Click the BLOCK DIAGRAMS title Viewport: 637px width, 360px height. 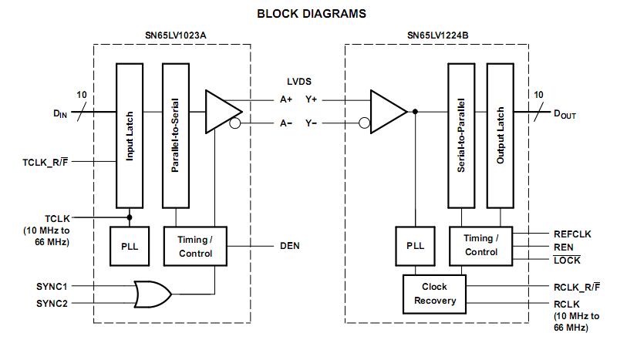[x=311, y=14]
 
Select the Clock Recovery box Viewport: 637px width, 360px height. [x=435, y=293]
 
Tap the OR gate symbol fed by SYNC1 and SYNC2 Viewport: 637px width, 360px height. [x=152, y=294]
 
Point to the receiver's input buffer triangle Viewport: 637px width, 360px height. [x=386, y=111]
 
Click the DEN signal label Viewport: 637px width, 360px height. [x=289, y=246]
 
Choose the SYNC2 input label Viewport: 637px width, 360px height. [x=52, y=304]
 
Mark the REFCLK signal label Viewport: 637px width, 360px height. [x=572, y=234]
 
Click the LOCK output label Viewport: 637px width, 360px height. [x=567, y=261]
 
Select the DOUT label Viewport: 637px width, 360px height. [x=565, y=114]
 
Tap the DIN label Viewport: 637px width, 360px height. [x=60, y=114]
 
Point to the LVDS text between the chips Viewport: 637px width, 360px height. [x=299, y=81]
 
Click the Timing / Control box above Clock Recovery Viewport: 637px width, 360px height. [x=480, y=245]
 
